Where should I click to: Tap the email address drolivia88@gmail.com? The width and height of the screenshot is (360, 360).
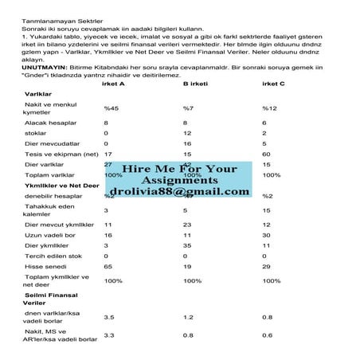[x=180, y=192]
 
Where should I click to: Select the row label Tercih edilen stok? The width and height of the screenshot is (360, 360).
[x=54, y=256]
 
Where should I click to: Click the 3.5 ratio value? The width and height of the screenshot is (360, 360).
[x=109, y=316]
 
